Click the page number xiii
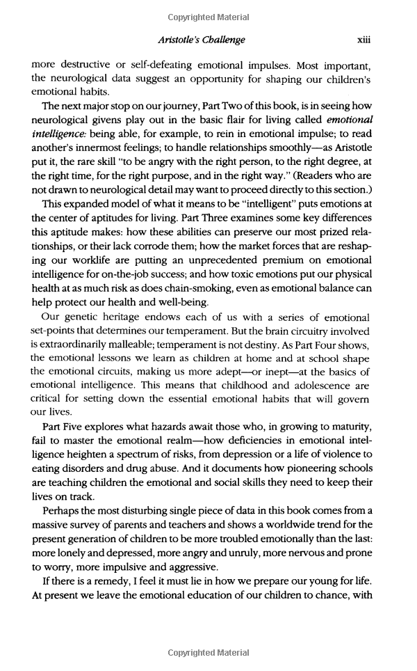click(363, 40)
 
